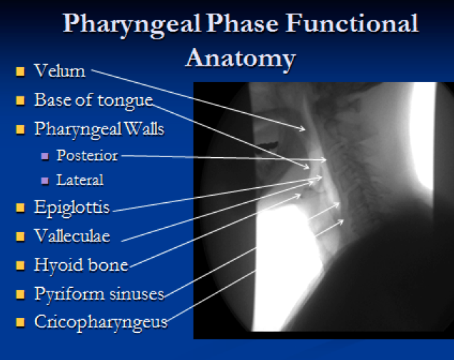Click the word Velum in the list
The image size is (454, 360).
pos(60,71)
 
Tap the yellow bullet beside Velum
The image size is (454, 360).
pos(20,71)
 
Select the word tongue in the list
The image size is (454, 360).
pos(125,101)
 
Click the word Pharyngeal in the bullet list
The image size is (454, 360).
pos(78,129)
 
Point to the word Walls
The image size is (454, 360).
pos(144,129)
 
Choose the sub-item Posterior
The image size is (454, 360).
pos(87,156)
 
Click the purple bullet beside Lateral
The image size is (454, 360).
pos(45,181)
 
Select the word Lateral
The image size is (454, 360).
pos(80,180)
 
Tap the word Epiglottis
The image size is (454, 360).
pos(72,208)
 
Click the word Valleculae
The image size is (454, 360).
pos(72,236)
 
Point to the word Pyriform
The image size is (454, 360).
pos(69,294)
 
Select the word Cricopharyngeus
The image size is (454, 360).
pos(101,322)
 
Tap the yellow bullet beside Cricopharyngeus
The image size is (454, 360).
pos(20,322)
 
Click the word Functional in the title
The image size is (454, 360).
pos(351,23)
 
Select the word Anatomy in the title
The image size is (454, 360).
pos(241,59)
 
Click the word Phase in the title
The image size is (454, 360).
pos(242,23)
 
